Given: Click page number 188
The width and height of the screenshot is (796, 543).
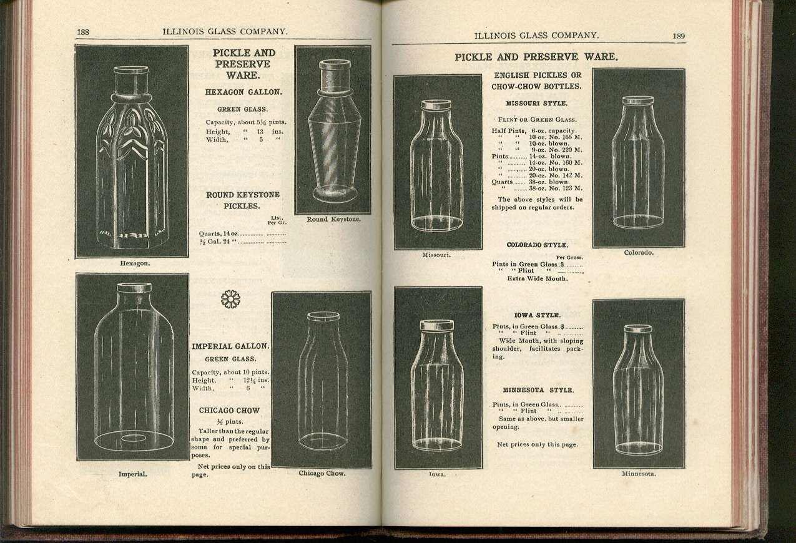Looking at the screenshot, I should pyautogui.click(x=84, y=32).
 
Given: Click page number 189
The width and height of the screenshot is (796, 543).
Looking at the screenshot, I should pyautogui.click(x=679, y=36).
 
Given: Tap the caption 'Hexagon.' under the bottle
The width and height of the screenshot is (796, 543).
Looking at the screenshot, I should pyautogui.click(x=135, y=263).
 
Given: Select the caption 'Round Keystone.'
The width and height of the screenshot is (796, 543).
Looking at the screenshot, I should pyautogui.click(x=333, y=219).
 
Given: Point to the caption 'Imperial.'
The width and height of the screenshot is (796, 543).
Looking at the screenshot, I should pyautogui.click(x=132, y=474).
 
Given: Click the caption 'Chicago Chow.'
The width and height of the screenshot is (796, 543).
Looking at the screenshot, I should pyautogui.click(x=322, y=473).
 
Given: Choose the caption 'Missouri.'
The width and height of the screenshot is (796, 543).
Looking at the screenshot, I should pyautogui.click(x=437, y=255).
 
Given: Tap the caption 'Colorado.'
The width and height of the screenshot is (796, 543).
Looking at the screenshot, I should pyautogui.click(x=639, y=253).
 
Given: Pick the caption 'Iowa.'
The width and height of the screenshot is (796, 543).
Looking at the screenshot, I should pyautogui.click(x=437, y=474).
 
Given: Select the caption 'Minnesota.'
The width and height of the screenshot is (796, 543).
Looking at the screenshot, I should pyautogui.click(x=639, y=474).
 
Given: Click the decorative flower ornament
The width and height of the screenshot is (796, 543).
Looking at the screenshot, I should pyautogui.click(x=230, y=299).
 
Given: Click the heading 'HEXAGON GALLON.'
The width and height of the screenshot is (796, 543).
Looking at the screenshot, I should pyautogui.click(x=243, y=92).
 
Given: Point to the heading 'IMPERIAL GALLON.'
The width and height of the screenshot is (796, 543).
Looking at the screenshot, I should pyautogui.click(x=230, y=346).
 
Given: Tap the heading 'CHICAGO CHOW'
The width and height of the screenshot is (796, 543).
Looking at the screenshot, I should pyautogui.click(x=229, y=410).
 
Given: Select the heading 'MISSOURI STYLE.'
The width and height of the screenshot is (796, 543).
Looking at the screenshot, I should pyautogui.click(x=536, y=103).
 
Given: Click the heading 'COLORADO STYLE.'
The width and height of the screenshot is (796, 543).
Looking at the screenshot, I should pyautogui.click(x=537, y=245).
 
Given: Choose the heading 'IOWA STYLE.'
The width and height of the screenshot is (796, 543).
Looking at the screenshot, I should pyautogui.click(x=538, y=315).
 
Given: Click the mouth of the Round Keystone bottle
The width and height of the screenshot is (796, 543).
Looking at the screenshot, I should pyautogui.click(x=335, y=64).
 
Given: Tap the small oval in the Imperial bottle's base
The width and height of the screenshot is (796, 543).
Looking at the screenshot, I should pyautogui.click(x=134, y=439).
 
